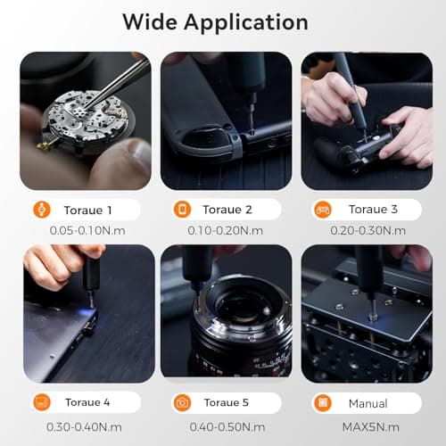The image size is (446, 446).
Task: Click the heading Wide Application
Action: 215,21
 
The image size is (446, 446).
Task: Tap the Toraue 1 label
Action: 87,210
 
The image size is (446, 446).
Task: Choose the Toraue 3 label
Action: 373,210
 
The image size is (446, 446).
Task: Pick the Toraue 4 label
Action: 87,402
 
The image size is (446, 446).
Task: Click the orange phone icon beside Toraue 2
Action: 182,210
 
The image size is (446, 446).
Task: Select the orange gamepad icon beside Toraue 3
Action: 322,210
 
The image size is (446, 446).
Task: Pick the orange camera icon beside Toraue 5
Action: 182,402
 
